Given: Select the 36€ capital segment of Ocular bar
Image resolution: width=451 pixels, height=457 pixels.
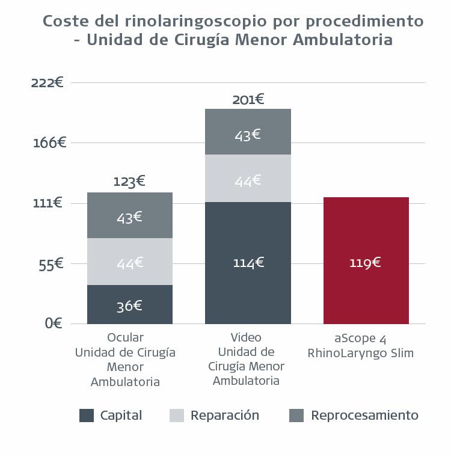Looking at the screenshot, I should click(x=129, y=305).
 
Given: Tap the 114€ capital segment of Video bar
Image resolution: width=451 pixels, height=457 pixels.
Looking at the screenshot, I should click(x=248, y=263).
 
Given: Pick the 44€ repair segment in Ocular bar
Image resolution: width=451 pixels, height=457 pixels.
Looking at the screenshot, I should click(x=129, y=262).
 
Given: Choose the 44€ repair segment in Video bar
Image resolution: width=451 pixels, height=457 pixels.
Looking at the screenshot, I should click(x=248, y=179).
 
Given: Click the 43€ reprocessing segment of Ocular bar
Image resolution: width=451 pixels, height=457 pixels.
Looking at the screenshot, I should click(x=129, y=216).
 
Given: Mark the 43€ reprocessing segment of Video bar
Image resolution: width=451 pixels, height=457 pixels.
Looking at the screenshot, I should click(x=248, y=133).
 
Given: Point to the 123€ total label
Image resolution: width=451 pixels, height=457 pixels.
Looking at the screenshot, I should click(x=129, y=181).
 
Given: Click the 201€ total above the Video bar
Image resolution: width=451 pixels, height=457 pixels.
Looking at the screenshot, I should click(x=248, y=99).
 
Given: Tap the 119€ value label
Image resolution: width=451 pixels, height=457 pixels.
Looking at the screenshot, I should click(x=366, y=263).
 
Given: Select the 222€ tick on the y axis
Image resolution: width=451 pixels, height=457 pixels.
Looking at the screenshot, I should click(x=48, y=82).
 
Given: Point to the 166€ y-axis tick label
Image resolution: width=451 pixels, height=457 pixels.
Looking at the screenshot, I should click(x=49, y=143).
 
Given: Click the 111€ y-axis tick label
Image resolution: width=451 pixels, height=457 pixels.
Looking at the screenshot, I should click(x=48, y=203).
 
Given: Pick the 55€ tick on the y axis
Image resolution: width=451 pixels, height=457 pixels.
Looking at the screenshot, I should click(x=51, y=264).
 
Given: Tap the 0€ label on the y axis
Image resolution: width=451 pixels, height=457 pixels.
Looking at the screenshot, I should click(x=54, y=324).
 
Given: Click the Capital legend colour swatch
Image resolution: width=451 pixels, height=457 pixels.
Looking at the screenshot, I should click(x=87, y=416).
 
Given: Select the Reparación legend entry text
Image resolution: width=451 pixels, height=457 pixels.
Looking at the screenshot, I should click(x=224, y=416).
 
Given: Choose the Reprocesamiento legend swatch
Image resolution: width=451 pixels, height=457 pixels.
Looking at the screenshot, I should click(x=296, y=416).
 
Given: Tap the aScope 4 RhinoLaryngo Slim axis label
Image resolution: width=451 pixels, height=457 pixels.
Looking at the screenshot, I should click(x=360, y=345).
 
